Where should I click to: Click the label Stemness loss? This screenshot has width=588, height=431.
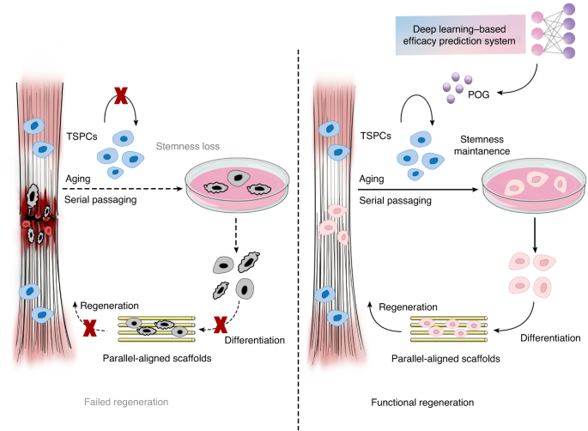[x=187, y=146]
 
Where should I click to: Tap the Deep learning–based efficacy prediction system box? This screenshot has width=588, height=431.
[x=460, y=35]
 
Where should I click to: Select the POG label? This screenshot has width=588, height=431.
[x=478, y=94]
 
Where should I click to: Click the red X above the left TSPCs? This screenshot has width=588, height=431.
[x=121, y=95]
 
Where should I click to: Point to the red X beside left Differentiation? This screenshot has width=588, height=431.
[x=221, y=325]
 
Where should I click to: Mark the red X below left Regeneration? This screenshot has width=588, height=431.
[x=89, y=328]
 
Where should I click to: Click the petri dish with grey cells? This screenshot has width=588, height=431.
[x=238, y=185]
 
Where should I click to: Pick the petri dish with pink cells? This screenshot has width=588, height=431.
[x=534, y=185]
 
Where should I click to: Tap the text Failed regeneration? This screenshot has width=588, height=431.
[x=126, y=402]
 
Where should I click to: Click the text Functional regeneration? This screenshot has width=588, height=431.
[x=422, y=403]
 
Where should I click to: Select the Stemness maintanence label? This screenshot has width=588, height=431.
[x=482, y=145]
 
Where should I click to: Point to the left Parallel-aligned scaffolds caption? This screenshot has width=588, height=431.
[x=157, y=358]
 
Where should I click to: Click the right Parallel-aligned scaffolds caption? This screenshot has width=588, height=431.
[x=446, y=359]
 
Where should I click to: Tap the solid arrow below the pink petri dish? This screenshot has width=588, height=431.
[x=535, y=235]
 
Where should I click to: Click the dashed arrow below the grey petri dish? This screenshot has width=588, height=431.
[x=236, y=235]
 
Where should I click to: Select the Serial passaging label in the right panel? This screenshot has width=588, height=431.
[x=395, y=201]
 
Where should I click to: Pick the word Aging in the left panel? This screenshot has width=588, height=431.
[x=78, y=179]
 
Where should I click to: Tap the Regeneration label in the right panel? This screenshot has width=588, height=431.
[x=408, y=307]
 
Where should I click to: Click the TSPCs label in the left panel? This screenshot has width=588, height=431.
[x=82, y=137]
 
